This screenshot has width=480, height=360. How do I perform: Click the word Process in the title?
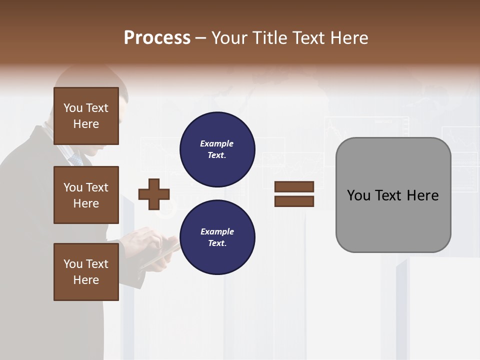pyautogui.click(x=157, y=37)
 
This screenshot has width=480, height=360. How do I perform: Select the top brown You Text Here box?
pyautogui.click(x=86, y=116)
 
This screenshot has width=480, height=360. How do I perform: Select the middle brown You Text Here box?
pyautogui.click(x=86, y=195)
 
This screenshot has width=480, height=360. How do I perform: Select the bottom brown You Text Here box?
pyautogui.click(x=86, y=272)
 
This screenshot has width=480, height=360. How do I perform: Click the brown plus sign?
pyautogui.click(x=154, y=194)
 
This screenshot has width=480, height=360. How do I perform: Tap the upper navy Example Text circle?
pyautogui.click(x=217, y=149)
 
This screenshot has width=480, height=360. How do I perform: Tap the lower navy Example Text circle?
pyautogui.click(x=217, y=237)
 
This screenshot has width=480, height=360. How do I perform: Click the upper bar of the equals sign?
pyautogui.click(x=294, y=186)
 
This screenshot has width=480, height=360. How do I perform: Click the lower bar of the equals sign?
pyautogui.click(x=294, y=201)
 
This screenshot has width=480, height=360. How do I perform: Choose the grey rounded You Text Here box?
pyautogui.click(x=393, y=195)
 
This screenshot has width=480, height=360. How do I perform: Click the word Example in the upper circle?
pyautogui.click(x=217, y=143)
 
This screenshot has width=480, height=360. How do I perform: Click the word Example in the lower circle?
pyautogui.click(x=217, y=231)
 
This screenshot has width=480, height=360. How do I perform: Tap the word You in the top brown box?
pyautogui.click(x=72, y=108)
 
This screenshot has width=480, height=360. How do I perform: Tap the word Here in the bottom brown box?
pyautogui.click(x=86, y=280)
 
